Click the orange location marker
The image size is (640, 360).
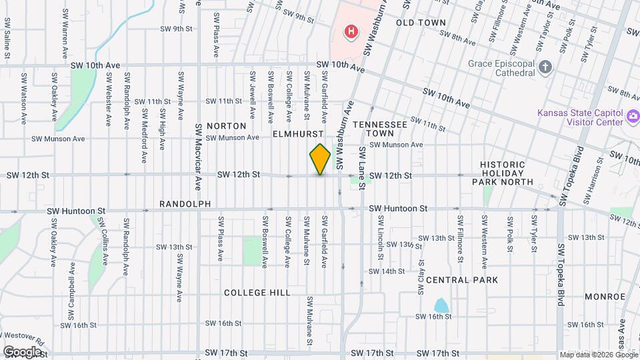320,159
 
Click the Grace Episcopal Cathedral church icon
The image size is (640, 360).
545,67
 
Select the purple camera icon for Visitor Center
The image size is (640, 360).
632,118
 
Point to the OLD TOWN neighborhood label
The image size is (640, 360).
420,23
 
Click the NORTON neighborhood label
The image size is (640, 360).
226,125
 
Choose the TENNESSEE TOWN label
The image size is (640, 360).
379,129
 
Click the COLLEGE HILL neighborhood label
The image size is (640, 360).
257,293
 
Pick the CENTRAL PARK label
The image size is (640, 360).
461,280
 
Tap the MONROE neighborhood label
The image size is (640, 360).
605,296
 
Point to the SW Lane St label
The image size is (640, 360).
362,167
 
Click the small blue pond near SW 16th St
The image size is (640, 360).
441,305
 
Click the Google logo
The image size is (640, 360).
22,351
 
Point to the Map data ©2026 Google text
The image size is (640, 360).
598,355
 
